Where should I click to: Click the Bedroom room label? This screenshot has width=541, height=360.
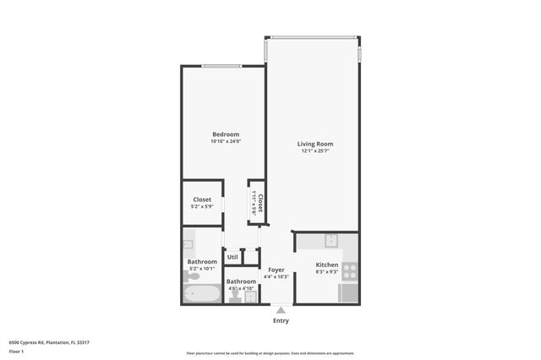[226, 134]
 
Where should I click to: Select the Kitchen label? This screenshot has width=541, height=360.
[327, 265]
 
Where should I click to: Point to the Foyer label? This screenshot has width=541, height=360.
[276, 270]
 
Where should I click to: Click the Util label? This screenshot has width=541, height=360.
[232, 257]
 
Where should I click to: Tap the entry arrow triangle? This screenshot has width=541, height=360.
[281, 310]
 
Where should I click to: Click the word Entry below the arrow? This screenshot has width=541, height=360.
[281, 320]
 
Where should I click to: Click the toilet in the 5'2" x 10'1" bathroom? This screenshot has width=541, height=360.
[194, 275]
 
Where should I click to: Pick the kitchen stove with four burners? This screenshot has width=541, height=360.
[349, 271]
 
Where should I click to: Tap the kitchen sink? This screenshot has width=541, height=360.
[332, 239]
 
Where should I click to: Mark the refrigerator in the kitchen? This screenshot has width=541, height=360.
[348, 292]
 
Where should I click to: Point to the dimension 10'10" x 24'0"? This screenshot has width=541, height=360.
[226, 141]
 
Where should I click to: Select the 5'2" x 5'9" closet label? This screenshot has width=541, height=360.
[202, 206]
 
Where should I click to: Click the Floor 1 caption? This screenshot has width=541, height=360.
[16, 351]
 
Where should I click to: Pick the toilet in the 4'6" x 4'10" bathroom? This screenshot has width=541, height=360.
[233, 295]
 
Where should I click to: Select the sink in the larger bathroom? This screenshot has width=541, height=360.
[189, 244]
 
